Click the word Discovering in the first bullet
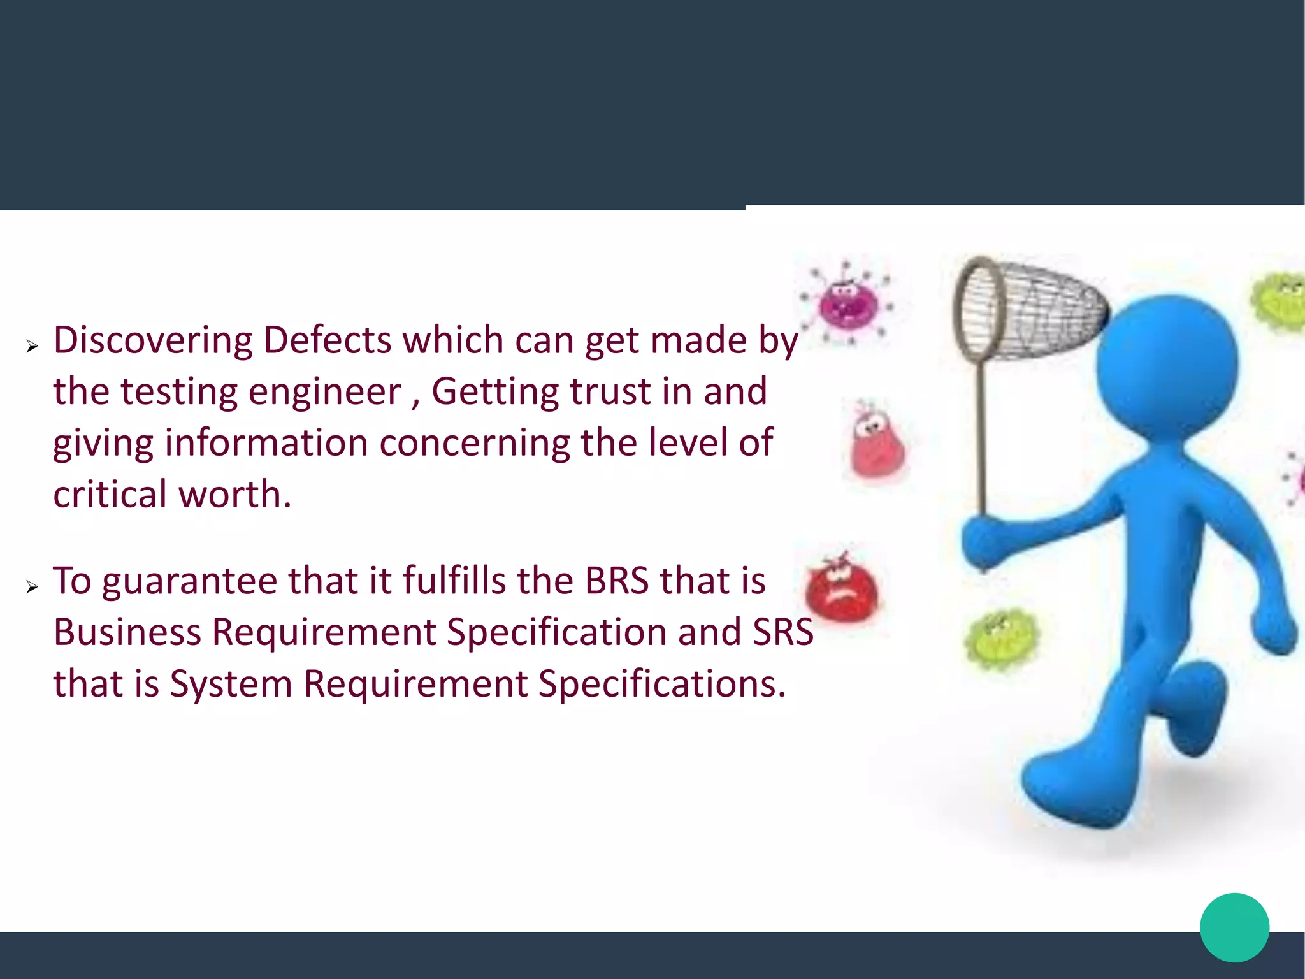pos(153,340)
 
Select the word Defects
pos(327,340)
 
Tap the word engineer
pos(324,392)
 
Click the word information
pos(266,443)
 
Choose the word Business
pos(127,632)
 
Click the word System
pos(231,684)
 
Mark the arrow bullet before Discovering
pos(32,346)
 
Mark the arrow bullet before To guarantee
pos(32,587)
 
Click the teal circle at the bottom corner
pos(1234,927)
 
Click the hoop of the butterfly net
pos(979,309)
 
